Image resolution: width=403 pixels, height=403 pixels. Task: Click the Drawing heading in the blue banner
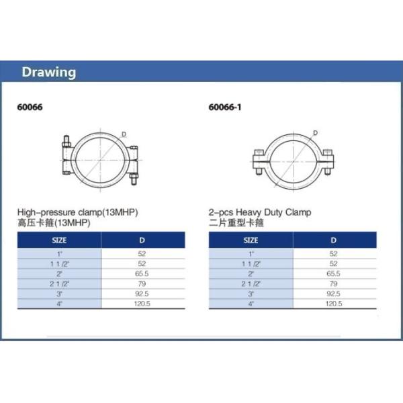click(x=48, y=73)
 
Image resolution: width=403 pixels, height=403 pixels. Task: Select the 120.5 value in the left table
click(x=142, y=304)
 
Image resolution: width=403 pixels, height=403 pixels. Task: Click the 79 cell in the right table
click(x=334, y=283)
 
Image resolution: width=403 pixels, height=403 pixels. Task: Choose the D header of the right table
click(x=334, y=239)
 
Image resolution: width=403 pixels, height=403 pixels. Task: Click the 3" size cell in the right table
click(x=251, y=294)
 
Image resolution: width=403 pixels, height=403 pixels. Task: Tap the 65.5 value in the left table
click(x=142, y=273)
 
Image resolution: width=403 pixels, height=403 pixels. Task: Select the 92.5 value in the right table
click(x=334, y=294)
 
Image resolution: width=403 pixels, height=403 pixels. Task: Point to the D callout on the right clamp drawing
click(x=315, y=132)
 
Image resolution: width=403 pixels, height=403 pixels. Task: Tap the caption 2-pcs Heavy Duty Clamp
click(x=260, y=212)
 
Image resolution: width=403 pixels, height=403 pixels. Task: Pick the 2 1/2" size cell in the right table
click(x=251, y=283)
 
